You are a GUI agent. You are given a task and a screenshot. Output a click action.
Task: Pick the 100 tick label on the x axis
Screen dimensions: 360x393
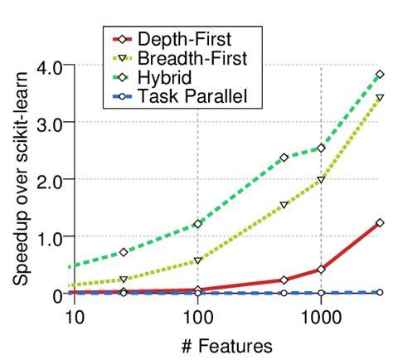tap(197, 316)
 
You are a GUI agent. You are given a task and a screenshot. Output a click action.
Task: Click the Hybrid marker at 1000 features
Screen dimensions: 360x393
tap(321, 148)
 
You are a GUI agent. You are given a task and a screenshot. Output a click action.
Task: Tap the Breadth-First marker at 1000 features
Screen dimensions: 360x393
tap(321, 180)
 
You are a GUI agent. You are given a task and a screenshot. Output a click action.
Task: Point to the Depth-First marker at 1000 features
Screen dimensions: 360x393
tap(321, 270)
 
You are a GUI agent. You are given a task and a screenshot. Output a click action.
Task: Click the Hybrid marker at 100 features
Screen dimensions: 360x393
tap(197, 224)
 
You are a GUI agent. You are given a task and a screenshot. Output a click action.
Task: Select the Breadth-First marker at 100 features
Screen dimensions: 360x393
tap(197, 260)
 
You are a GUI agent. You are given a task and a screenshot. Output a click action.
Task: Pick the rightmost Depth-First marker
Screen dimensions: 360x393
tap(380, 222)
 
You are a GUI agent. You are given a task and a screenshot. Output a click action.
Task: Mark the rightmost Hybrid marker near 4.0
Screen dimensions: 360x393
tap(380, 75)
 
